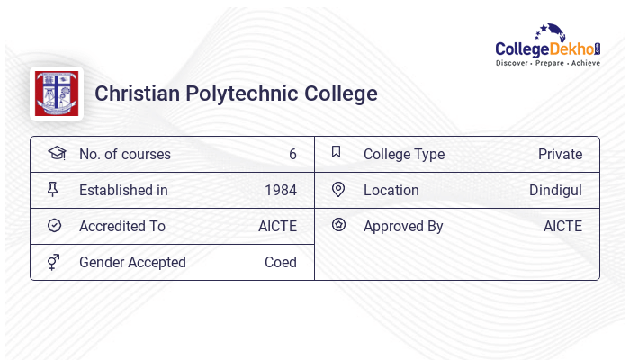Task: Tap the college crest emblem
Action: click(56, 94)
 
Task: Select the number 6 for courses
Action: click(292, 154)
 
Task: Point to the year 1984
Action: click(281, 190)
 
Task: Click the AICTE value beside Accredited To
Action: click(277, 226)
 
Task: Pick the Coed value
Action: click(281, 262)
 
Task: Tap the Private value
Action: click(560, 154)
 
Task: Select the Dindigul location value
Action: click(555, 190)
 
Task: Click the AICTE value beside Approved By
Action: click(562, 226)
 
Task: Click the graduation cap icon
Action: click(56, 153)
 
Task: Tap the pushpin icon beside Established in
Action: click(53, 189)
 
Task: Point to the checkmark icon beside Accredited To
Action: click(54, 225)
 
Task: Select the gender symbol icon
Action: click(53, 262)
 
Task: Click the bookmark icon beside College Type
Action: click(337, 152)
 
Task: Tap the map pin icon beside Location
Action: click(338, 189)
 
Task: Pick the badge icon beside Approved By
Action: click(338, 225)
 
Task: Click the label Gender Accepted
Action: click(132, 262)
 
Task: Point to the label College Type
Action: click(404, 154)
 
